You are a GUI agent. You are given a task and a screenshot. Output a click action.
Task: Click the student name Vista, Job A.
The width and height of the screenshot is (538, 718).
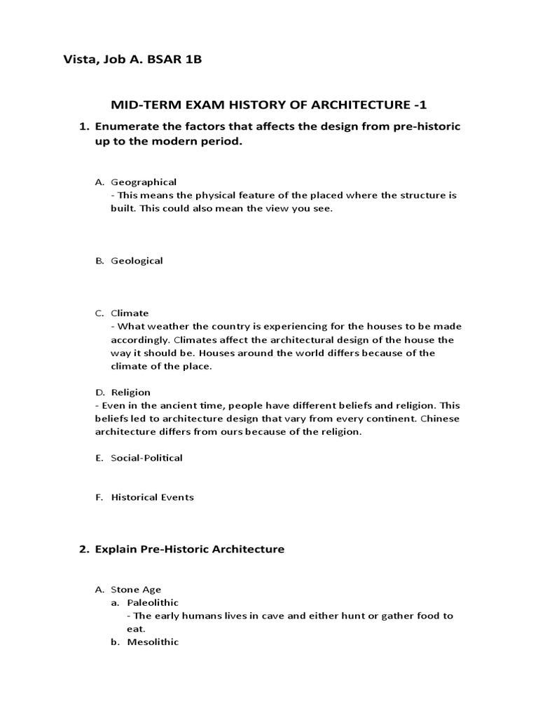coord(104,60)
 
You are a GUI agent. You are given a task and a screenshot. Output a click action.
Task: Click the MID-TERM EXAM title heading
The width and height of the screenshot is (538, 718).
coord(268,105)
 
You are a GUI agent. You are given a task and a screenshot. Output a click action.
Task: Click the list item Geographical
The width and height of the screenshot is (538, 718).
coord(144,182)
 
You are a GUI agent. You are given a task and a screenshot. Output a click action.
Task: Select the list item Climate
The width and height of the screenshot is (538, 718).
coord(130,313)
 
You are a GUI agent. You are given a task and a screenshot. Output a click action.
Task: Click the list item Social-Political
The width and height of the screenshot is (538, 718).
coord(146,458)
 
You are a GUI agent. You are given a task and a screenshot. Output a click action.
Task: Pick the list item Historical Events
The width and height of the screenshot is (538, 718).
coord(152,497)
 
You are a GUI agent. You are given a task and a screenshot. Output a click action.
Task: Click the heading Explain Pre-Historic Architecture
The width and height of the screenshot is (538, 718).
coord(190,549)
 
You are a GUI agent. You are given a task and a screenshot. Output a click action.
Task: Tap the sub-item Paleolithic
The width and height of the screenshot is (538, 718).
coord(153,602)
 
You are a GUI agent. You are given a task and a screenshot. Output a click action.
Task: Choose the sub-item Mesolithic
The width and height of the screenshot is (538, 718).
coord(153,642)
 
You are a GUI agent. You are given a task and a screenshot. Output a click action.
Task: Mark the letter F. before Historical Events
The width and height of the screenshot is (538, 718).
coord(99,497)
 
